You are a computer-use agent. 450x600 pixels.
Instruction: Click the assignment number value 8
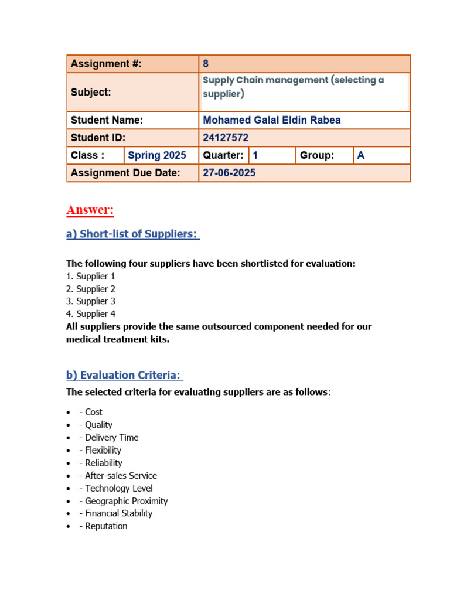click(x=206, y=64)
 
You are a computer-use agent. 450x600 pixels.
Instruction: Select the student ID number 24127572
click(x=226, y=138)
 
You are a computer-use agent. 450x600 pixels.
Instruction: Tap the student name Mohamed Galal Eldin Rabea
click(x=271, y=120)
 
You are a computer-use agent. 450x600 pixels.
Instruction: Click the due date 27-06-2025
click(x=229, y=173)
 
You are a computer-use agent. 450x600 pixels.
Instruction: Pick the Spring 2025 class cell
click(x=157, y=155)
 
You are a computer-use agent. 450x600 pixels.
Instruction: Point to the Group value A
click(x=361, y=155)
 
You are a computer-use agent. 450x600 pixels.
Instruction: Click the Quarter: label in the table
click(x=223, y=155)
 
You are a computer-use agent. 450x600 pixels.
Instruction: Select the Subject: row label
click(x=91, y=92)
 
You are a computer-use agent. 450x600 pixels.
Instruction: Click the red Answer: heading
click(x=90, y=210)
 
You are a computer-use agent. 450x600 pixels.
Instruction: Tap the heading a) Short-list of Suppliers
click(x=132, y=234)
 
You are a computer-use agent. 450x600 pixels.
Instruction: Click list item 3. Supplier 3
click(x=91, y=301)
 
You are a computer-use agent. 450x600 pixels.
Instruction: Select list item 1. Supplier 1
click(x=91, y=276)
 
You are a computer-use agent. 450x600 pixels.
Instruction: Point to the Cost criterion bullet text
click(x=93, y=412)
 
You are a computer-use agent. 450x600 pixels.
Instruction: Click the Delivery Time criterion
click(x=111, y=438)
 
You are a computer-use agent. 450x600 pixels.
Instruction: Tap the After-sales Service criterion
click(x=121, y=476)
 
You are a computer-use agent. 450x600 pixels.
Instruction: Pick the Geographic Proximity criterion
click(x=126, y=501)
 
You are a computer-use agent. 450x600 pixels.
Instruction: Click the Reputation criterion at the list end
click(x=106, y=526)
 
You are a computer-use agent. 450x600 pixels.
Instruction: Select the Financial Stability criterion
click(x=118, y=513)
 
